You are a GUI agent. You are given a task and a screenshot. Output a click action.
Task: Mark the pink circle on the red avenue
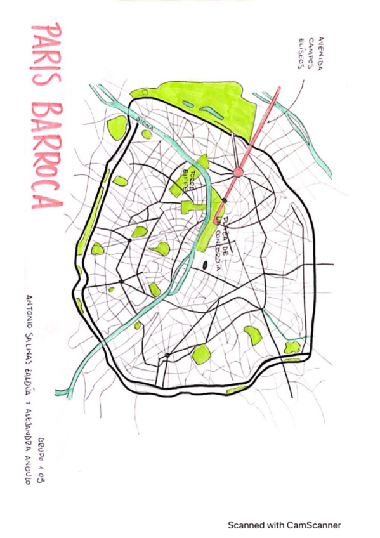[239, 171]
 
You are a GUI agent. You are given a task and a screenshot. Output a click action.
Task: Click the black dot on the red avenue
[224, 201]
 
